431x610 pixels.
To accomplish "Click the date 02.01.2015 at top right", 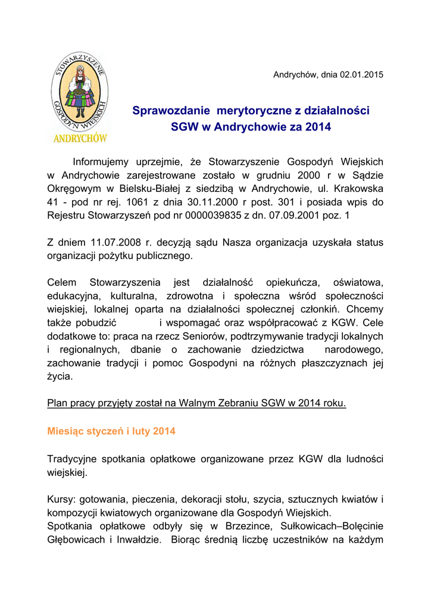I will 361,74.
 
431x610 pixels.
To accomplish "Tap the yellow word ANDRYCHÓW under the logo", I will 80,138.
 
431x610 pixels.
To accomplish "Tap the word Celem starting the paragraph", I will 61,282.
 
